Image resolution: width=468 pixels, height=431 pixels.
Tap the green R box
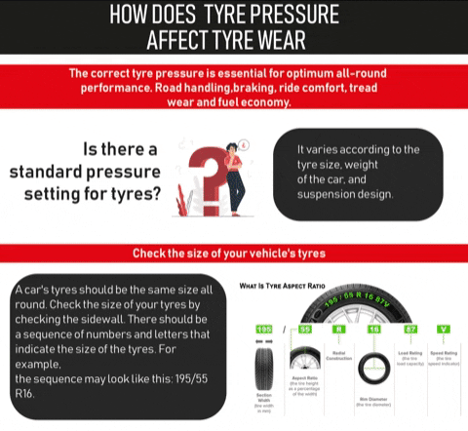[338, 331]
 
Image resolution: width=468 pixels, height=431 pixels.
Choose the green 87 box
[410, 331]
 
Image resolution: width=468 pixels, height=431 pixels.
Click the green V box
[444, 331]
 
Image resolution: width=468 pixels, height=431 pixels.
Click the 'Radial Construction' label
[338, 355]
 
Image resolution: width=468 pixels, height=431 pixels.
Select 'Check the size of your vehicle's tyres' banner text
[234, 254]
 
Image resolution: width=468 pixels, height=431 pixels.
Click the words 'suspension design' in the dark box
[346, 194]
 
